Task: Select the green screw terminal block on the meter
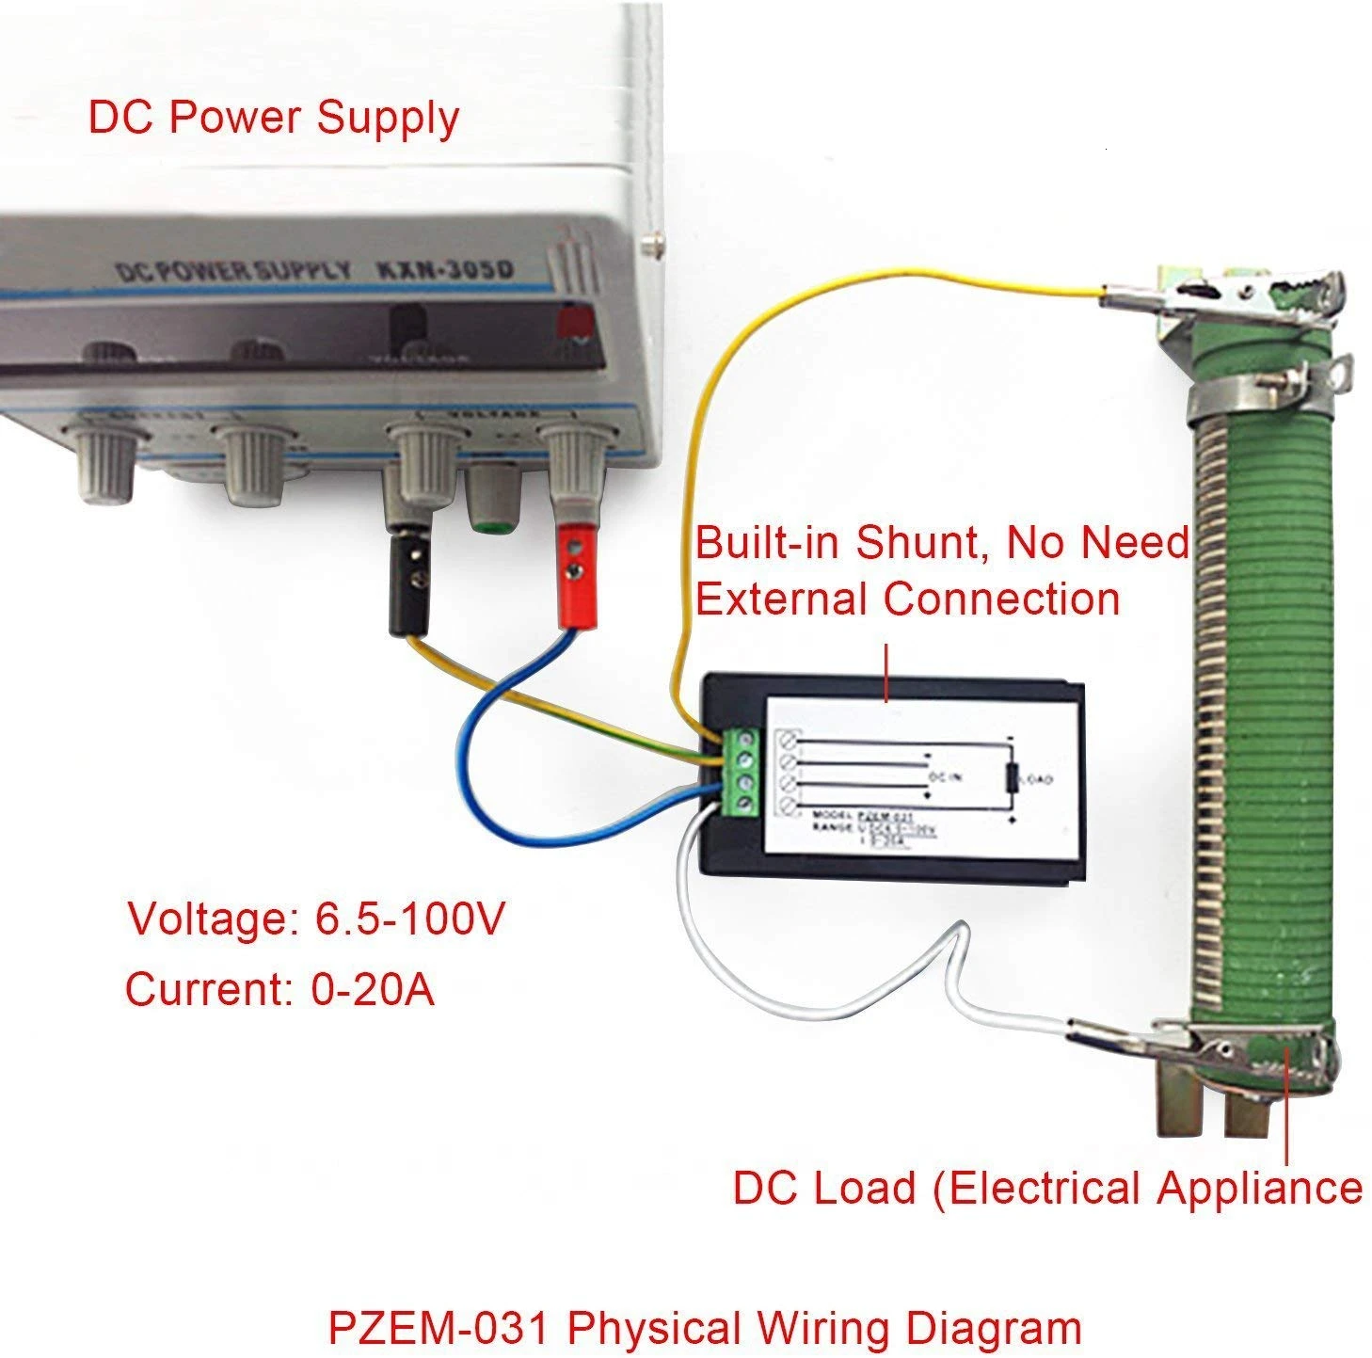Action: pyautogui.click(x=742, y=769)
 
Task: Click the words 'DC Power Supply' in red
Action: pyautogui.click(x=273, y=119)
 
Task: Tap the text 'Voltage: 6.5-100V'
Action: pyautogui.click(x=316, y=919)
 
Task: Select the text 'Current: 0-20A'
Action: pyautogui.click(x=279, y=989)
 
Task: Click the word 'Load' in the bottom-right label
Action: pyautogui.click(x=866, y=1187)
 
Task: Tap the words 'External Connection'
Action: pyautogui.click(x=907, y=599)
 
